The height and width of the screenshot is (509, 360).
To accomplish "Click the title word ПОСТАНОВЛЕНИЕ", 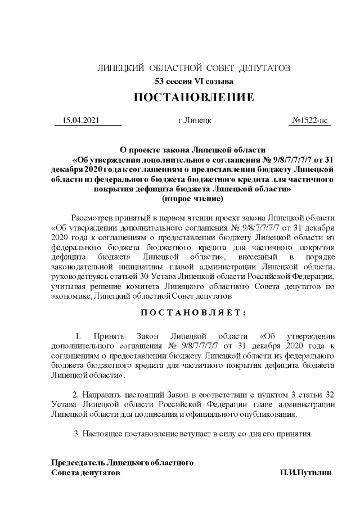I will [x=193, y=97].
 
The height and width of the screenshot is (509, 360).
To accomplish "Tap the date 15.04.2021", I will [x=81, y=121].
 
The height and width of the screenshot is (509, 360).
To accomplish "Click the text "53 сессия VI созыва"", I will [x=193, y=82].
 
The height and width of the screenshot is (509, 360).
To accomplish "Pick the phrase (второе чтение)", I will [x=192, y=199].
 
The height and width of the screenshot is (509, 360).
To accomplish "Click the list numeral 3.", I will [x=76, y=434].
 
